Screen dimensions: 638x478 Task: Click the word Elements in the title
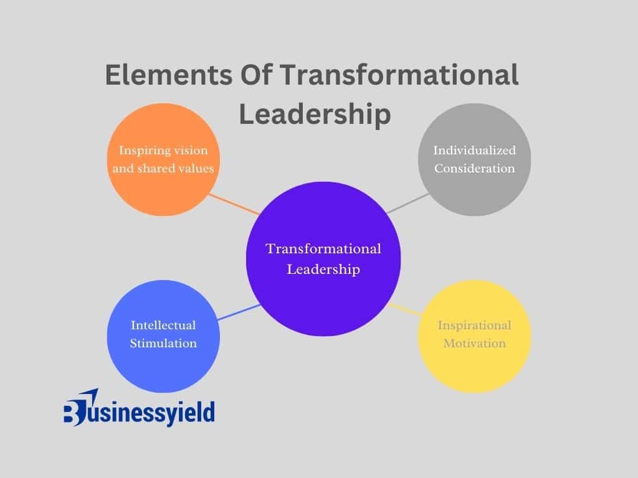tap(169, 75)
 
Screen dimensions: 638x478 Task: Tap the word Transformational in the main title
tap(399, 75)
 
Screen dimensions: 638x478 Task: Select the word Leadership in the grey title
tap(315, 115)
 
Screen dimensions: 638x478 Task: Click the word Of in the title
tap(256, 75)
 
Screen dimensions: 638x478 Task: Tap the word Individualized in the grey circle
tap(474, 150)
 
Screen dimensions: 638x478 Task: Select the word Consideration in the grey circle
tap(474, 168)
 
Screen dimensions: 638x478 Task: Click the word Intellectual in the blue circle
tap(163, 325)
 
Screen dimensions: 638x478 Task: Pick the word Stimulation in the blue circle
tap(163, 344)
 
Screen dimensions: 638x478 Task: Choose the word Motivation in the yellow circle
tap(474, 344)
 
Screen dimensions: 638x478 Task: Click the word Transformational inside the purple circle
tap(323, 249)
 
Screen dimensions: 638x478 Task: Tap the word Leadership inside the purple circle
tap(323, 269)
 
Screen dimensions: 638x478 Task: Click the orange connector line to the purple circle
tap(234, 204)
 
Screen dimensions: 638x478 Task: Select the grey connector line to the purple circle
tap(407, 204)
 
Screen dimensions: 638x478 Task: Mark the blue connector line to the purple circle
tap(239, 312)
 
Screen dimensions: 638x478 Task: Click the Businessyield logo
tap(139, 408)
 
